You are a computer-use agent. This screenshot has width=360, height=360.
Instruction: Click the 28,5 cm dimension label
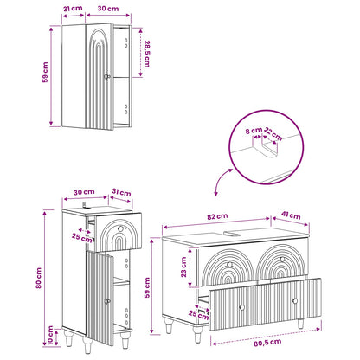147,54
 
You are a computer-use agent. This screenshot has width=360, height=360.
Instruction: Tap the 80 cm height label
39,278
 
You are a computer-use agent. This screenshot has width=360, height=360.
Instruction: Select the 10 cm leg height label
51,336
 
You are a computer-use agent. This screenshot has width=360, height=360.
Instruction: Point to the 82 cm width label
217,216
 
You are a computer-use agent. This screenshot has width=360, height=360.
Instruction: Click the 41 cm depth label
291,215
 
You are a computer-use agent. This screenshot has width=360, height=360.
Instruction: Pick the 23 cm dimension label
183,267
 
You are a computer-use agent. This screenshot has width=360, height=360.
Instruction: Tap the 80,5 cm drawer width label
267,343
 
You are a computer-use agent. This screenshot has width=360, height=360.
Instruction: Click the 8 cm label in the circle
254,131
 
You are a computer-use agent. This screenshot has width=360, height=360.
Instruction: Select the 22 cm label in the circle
273,134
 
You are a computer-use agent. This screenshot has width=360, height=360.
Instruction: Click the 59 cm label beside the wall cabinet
45,73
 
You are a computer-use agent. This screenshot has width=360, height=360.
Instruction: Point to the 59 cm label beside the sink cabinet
147,287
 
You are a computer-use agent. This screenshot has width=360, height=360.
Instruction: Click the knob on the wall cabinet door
107,76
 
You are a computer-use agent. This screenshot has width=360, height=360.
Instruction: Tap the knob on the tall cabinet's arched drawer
120,228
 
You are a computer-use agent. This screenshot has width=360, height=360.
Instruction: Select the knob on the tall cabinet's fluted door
107,301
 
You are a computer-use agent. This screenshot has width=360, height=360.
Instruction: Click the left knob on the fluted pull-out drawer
242,307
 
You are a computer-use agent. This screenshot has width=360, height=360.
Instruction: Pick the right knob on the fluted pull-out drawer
295,301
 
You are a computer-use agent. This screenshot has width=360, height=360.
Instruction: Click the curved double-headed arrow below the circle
220,180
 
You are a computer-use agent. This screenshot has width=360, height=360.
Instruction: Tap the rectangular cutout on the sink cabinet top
232,233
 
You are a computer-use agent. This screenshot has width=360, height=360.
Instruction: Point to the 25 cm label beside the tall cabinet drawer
82,238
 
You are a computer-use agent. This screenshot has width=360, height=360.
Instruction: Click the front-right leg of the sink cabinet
300,324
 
